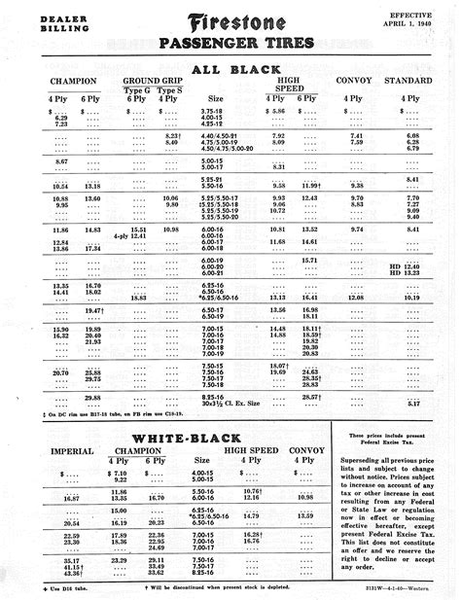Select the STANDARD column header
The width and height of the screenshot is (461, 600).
[408, 79]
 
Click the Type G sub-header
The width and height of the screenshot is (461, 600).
[138, 89]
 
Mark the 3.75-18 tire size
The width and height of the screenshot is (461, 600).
[211, 113]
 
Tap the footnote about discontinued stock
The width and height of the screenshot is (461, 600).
[217, 588]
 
